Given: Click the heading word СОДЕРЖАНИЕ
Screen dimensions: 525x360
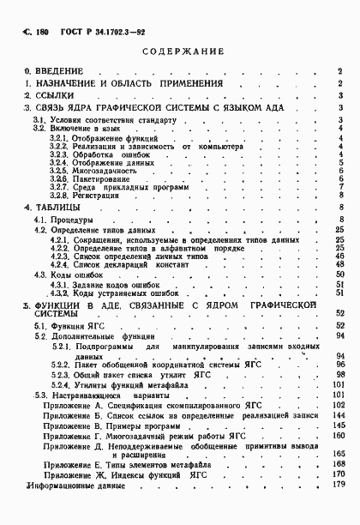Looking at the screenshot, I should tap(180, 51).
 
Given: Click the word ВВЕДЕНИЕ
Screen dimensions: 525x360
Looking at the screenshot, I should tap(59, 70).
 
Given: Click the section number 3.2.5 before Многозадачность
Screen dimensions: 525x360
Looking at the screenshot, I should tap(57, 170).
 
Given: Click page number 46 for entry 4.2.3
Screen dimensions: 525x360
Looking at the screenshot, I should tap(339, 256).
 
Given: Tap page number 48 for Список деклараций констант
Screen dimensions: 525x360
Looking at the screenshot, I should tap(339, 264).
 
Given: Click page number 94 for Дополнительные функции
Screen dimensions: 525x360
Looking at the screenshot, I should tap(339, 336).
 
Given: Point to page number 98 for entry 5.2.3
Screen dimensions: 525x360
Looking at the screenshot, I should tap(339, 375).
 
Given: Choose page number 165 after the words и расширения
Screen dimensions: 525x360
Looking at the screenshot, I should tap(338, 453).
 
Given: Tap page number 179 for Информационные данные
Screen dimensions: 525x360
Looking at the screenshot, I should tap(338, 485).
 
